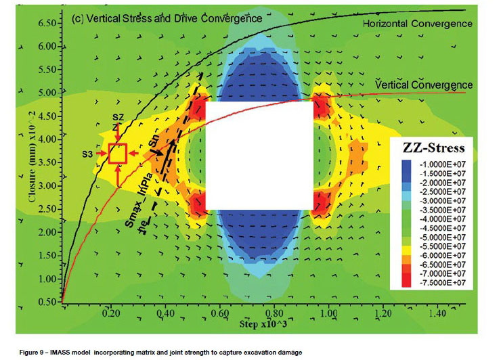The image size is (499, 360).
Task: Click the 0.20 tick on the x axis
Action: pyautogui.click(x=109, y=315)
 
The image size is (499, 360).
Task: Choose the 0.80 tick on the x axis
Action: pyautogui.click(x=274, y=315)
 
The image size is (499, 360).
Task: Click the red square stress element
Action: pyautogui.click(x=118, y=154)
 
